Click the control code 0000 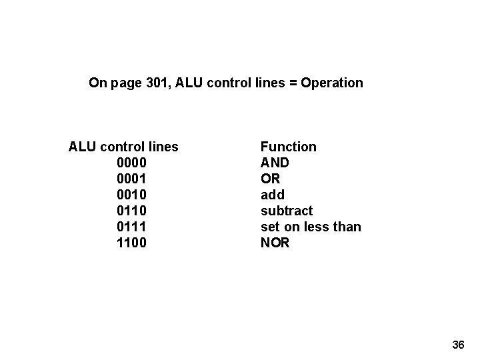tap(132, 163)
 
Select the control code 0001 tap(132, 179)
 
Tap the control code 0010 tap(132, 195)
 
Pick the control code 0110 tap(132, 211)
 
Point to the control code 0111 tap(132, 227)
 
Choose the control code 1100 tap(132, 243)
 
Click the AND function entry tap(275, 163)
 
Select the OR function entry tap(270, 179)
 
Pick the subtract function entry tap(286, 211)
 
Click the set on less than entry tap(311, 227)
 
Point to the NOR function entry tap(275, 243)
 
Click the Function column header tap(288, 147)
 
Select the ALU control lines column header tap(123, 147)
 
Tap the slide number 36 tap(458, 345)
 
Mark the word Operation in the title tap(332, 83)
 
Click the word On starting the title tap(97, 83)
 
